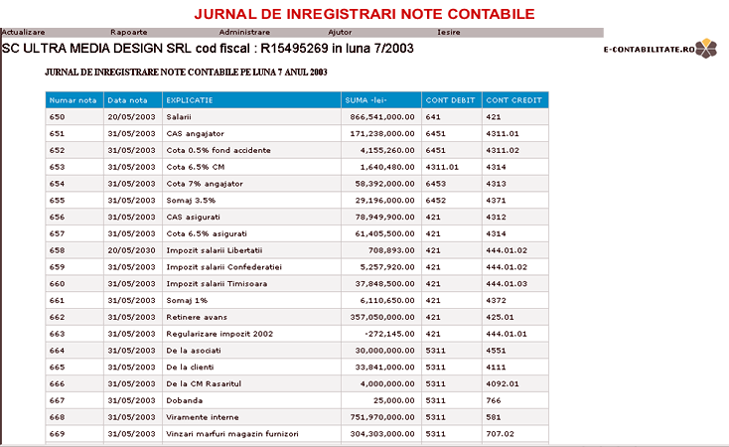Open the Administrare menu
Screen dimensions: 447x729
(x=243, y=33)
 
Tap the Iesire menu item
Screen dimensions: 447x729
(x=435, y=33)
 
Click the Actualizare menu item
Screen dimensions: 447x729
(x=23, y=33)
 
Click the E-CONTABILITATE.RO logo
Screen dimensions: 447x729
(x=659, y=49)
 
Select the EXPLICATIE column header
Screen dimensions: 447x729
(x=189, y=99)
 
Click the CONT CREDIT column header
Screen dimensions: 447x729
(x=512, y=99)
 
